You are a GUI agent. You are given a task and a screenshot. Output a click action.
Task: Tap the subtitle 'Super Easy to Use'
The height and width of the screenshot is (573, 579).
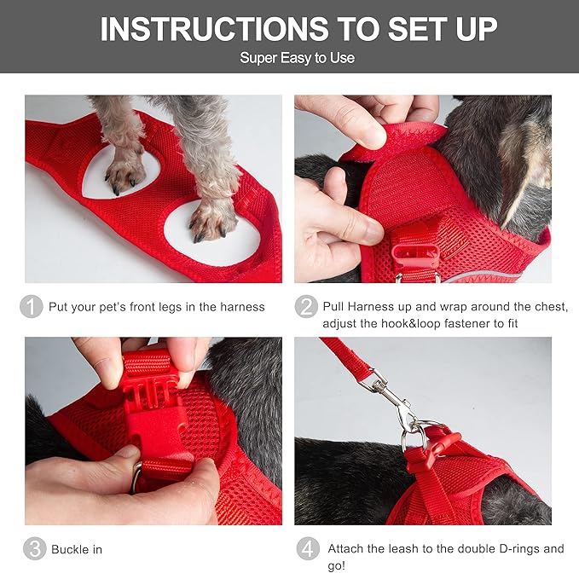297,58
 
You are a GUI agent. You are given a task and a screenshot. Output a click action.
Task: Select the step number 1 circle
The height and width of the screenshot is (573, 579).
32,307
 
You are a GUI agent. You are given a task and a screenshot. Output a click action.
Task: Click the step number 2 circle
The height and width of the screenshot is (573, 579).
306,307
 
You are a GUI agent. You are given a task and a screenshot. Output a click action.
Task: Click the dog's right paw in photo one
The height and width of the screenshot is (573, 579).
209,217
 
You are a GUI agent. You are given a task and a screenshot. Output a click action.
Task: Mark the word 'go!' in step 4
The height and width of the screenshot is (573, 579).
335,565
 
